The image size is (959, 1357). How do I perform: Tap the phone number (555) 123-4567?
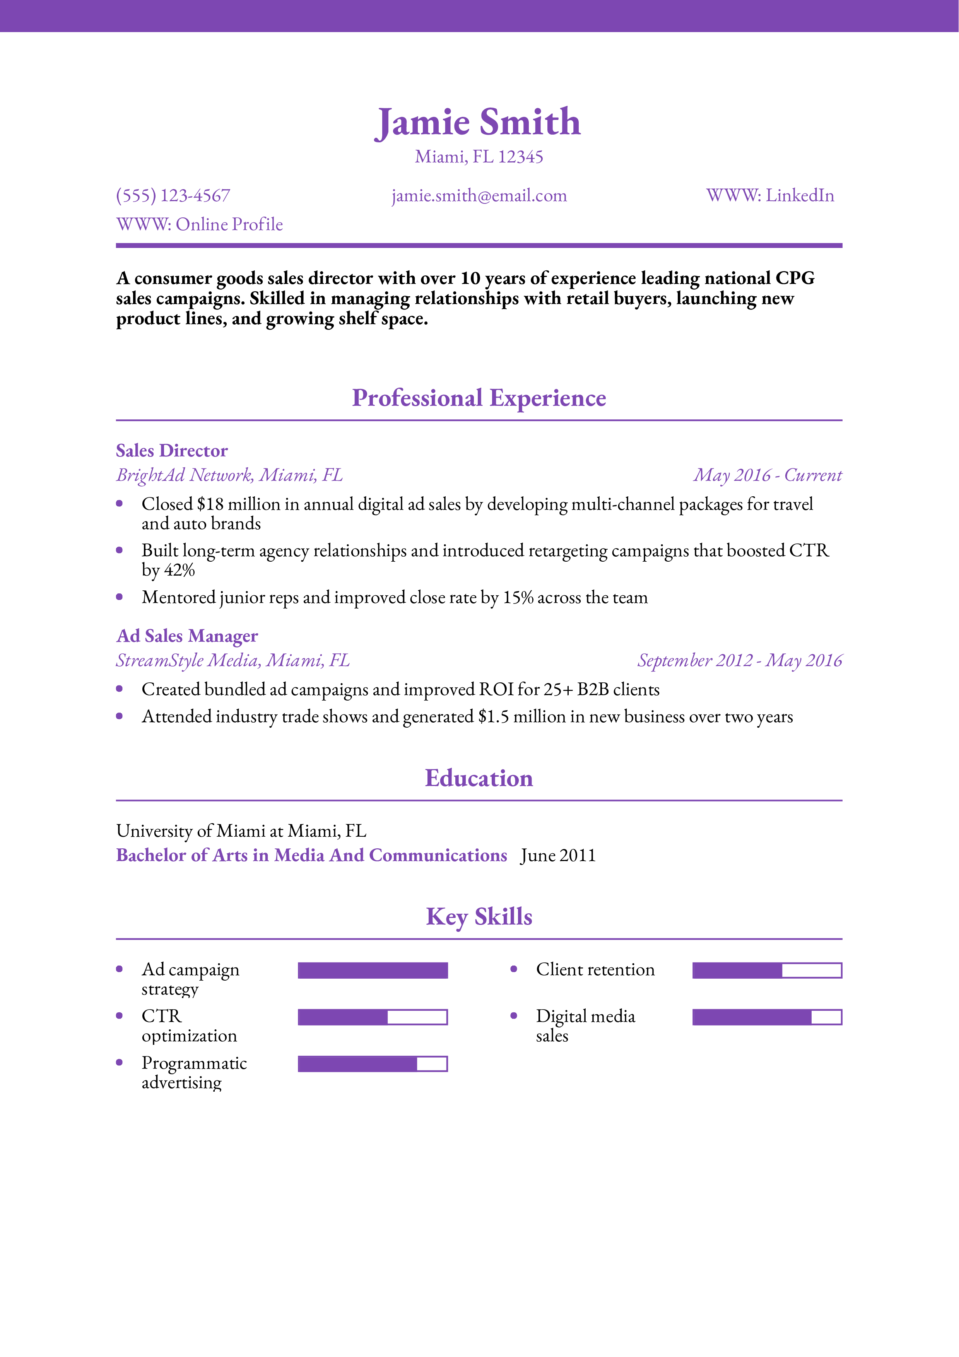pyautogui.click(x=173, y=196)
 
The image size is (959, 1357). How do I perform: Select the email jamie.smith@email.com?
pyautogui.click(x=479, y=196)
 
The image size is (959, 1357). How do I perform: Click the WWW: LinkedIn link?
pyautogui.click(x=770, y=196)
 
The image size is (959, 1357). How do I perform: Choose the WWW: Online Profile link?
pyautogui.click(x=200, y=225)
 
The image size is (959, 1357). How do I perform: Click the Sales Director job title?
pyautogui.click(x=171, y=451)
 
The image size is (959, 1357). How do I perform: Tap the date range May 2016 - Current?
pyautogui.click(x=768, y=475)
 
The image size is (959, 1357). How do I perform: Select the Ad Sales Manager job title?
pyautogui.click(x=187, y=636)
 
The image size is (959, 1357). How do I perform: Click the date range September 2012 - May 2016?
pyautogui.click(x=739, y=660)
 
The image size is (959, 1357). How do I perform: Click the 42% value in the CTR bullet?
pyautogui.click(x=179, y=570)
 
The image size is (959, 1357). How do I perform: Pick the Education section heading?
pyautogui.click(x=479, y=778)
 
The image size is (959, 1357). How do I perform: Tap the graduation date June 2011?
pyautogui.click(x=558, y=856)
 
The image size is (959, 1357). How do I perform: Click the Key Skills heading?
pyautogui.click(x=479, y=917)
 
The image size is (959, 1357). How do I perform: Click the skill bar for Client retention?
pyautogui.click(x=767, y=971)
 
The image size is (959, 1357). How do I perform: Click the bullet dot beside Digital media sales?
pyautogui.click(x=513, y=1015)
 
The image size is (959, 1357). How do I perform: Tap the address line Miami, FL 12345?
pyautogui.click(x=479, y=157)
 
